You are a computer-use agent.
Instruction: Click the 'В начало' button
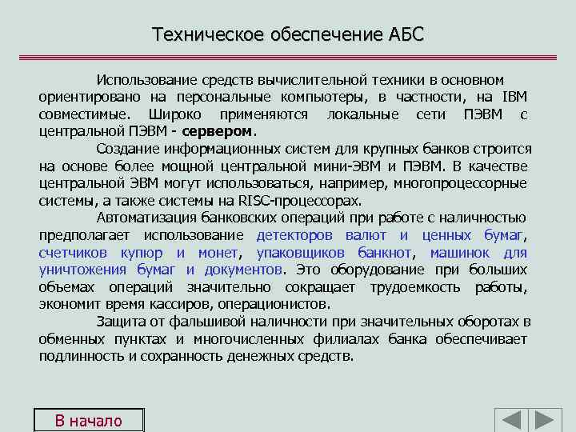pyautogui.click(x=88, y=421)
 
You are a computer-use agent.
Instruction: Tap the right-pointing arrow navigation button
pyautogui.click(x=548, y=421)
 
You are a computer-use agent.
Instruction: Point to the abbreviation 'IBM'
pyautogui.click(x=514, y=98)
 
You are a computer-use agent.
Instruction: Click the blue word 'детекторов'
pyautogui.click(x=295, y=235)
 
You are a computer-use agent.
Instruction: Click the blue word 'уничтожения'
pyautogui.click(x=82, y=270)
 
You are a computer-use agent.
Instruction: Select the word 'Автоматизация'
pyautogui.click(x=145, y=218)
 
